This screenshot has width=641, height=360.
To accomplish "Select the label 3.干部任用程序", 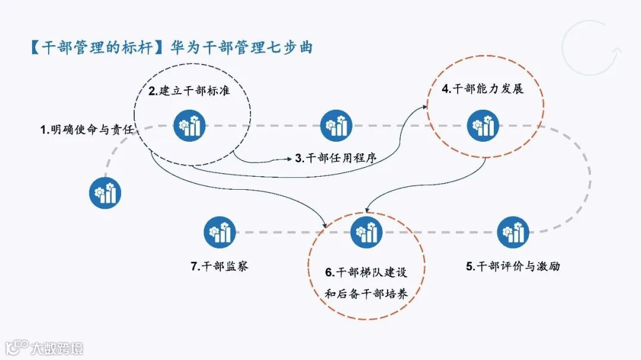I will pos(336,158).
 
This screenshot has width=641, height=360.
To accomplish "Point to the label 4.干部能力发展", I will pos(483,90).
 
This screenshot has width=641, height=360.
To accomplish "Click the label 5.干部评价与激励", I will pos(513,266).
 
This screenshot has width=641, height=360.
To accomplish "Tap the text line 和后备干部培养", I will pos(366,293).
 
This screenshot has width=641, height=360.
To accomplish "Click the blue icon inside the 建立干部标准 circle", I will pos(190,126).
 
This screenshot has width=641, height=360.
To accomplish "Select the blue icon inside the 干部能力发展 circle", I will pos(483,126).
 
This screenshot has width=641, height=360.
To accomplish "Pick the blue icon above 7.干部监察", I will pos(220,232).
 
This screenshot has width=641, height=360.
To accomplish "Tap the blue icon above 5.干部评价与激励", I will pos(513,232).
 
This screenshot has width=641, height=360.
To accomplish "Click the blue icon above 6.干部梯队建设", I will pos(366,232).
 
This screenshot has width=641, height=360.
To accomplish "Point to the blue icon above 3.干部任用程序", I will pos(336,126).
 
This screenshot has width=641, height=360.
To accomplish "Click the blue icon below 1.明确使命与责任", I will pos(106,192).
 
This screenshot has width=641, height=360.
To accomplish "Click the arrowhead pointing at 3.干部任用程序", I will pos(288,158).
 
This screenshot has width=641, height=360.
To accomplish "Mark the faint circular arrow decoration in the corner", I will pos(589,48).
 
